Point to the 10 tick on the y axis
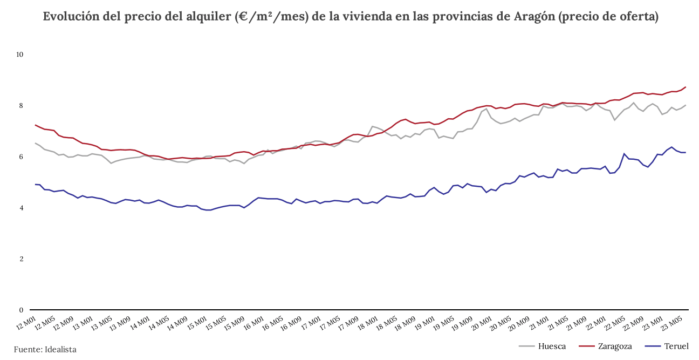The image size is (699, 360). point(20,55)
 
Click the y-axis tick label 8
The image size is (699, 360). point(22,106)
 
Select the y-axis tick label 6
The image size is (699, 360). point(22,157)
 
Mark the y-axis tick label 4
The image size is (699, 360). point(22,208)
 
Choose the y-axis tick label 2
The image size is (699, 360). point(22,259)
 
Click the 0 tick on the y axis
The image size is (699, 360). point(22,310)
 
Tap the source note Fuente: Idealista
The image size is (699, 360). point(45,350)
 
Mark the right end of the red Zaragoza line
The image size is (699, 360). point(686,87)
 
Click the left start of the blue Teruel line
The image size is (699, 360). point(35,185)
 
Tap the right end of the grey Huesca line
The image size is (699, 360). point(686,105)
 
